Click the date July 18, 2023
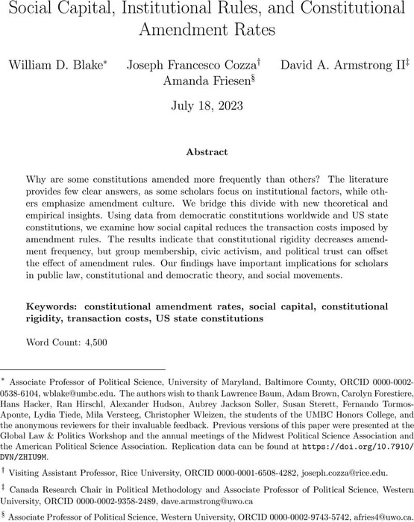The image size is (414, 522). click(207, 106)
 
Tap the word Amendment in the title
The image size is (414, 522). click(207, 31)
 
